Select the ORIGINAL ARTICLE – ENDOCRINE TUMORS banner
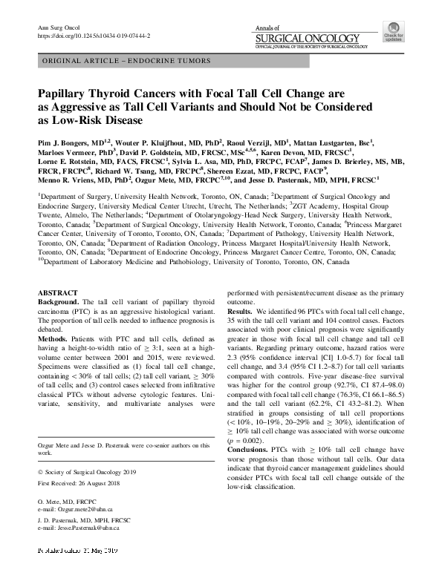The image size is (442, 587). (x=127, y=61)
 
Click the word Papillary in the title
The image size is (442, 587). (x=65, y=95)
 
